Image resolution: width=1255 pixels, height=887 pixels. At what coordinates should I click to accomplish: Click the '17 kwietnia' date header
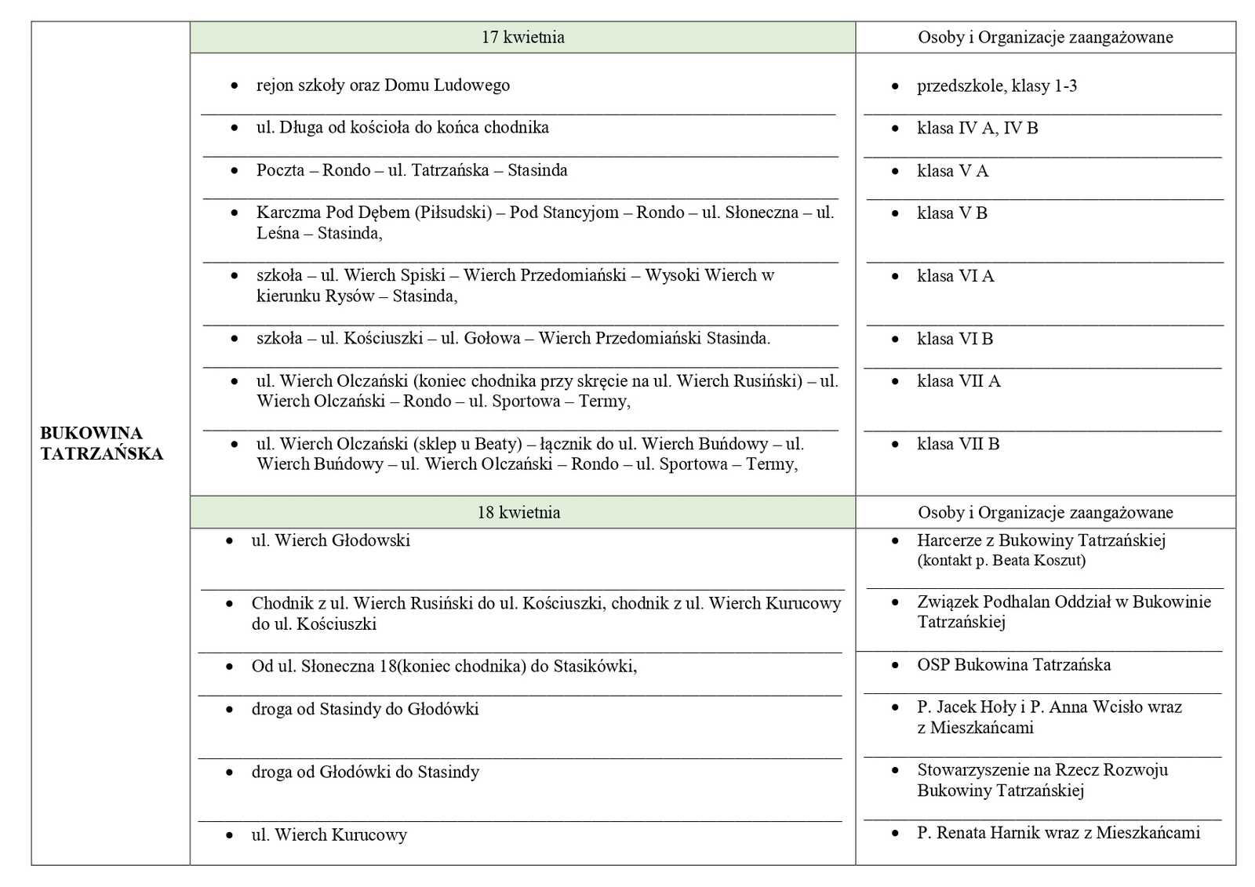[522, 38]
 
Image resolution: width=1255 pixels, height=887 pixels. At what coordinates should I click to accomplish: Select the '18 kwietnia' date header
[518, 513]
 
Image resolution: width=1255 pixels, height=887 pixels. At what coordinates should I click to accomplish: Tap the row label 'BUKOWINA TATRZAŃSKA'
[101, 443]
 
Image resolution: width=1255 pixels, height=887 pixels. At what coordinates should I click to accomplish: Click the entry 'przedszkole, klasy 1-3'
[996, 86]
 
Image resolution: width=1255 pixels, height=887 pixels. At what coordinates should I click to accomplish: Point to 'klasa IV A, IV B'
[977, 129]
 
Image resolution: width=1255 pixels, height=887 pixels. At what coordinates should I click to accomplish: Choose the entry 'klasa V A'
[952, 171]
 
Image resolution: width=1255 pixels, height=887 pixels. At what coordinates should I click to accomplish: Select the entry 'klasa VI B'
[955, 339]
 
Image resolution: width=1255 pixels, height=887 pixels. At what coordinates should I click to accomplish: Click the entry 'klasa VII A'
[959, 381]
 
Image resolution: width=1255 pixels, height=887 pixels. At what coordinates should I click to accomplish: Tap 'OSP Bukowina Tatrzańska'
[1013, 665]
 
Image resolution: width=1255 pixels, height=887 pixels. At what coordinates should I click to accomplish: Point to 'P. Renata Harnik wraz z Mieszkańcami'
[1058, 833]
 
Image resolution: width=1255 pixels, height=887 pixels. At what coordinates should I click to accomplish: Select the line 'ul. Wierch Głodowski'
[330, 540]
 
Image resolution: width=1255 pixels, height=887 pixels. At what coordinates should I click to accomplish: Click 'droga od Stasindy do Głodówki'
[365, 709]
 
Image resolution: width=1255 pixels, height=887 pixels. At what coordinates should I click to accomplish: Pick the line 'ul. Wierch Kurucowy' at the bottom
[329, 835]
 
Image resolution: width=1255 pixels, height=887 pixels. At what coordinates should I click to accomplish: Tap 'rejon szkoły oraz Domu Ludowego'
[383, 85]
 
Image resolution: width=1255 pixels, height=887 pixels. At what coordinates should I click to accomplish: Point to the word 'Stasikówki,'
[595, 667]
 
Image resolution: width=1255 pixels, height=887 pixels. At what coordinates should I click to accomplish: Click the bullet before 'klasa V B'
[895, 213]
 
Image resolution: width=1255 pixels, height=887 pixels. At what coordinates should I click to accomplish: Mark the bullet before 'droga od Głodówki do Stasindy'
[229, 772]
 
